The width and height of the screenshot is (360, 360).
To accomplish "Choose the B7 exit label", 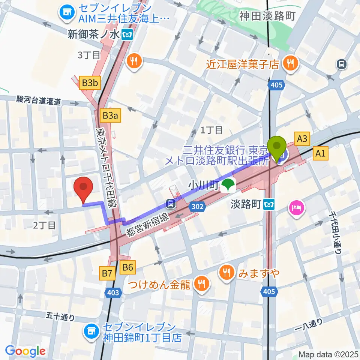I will pyautogui.click(x=108, y=273).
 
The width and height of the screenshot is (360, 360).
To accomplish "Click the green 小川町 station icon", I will pyautogui.click(x=227, y=185).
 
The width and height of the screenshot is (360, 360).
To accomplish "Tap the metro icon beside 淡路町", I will pyautogui.click(x=269, y=205).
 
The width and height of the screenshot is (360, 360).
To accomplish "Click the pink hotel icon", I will pyautogui.click(x=296, y=208).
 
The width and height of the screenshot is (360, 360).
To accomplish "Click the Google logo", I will pyautogui.click(x=25, y=351).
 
